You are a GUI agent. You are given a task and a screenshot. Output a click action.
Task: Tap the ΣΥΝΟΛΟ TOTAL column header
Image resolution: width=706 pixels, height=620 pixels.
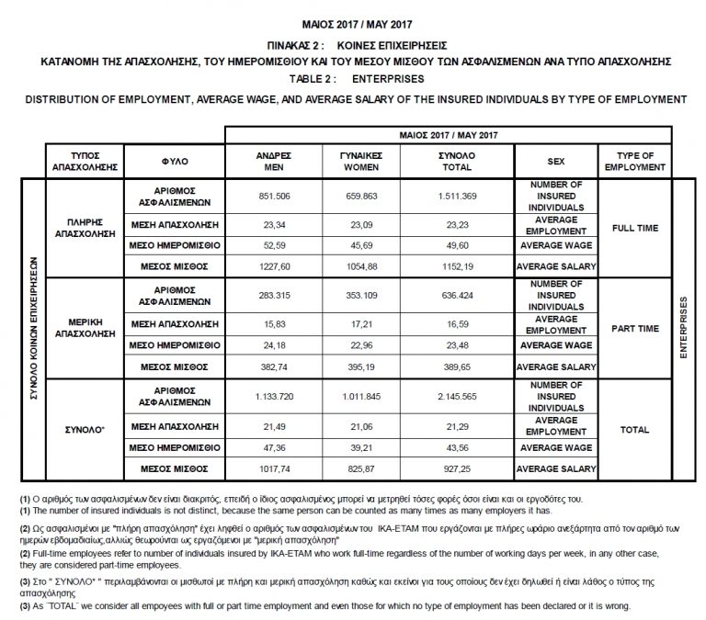(x=458, y=161)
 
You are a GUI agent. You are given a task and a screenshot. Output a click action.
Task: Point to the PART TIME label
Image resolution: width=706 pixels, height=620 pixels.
(x=634, y=328)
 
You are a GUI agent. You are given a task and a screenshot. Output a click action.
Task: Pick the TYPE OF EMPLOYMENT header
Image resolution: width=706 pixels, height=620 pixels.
(x=634, y=161)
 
